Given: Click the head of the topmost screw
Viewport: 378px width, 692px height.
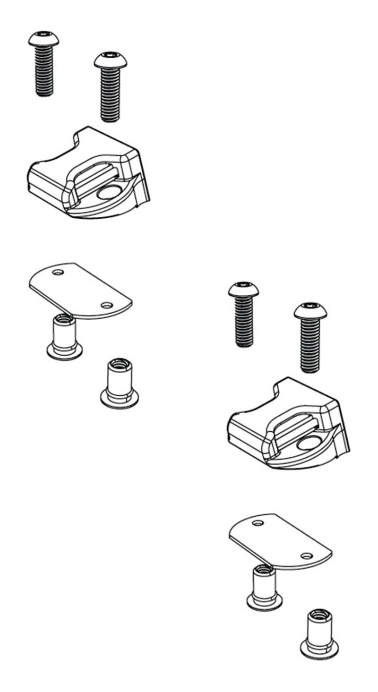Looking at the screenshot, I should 43,38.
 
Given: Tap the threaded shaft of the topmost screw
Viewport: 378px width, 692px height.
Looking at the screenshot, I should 44,71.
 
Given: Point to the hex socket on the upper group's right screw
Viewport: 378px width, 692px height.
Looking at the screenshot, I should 111,57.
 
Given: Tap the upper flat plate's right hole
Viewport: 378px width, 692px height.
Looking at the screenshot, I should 107,305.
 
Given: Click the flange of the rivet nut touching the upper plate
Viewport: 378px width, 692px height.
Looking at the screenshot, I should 65,351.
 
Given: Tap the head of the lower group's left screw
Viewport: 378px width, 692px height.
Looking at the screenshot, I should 243,289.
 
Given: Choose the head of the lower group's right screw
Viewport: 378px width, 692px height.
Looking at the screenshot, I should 310,310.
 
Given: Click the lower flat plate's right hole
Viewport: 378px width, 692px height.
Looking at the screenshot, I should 307,556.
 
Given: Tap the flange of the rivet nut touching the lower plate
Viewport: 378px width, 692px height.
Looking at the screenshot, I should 265,602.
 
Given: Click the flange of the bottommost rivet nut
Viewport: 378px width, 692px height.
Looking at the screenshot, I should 319,650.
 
